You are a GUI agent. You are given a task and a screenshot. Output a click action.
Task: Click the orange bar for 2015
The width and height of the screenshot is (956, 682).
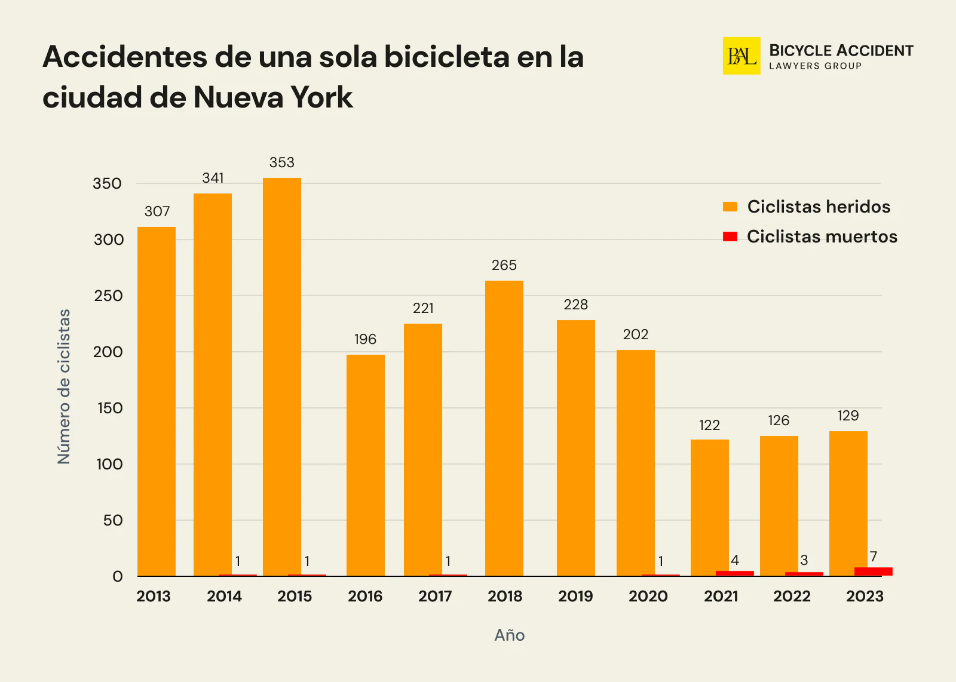click(281, 376)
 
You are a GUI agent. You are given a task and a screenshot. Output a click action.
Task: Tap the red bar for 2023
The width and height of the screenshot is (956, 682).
click(873, 572)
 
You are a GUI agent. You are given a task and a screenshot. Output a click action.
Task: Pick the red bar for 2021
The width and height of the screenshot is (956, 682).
click(734, 573)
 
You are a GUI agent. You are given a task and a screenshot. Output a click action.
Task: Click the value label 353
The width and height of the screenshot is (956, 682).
click(281, 162)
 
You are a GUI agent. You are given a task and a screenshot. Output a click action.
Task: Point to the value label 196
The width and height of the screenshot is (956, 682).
click(365, 339)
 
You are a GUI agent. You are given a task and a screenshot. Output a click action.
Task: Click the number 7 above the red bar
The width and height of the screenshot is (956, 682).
click(873, 557)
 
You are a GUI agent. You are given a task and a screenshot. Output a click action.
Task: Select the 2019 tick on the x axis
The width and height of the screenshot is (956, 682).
click(575, 596)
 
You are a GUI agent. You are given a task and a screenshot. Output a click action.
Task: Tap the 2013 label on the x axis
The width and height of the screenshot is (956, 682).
click(154, 596)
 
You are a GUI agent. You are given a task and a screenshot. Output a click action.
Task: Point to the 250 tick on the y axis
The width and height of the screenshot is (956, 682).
click(108, 296)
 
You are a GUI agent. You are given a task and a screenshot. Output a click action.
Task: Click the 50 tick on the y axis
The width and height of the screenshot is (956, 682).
click(113, 520)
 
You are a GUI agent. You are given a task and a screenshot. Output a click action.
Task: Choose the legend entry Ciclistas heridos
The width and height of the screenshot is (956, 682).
click(818, 207)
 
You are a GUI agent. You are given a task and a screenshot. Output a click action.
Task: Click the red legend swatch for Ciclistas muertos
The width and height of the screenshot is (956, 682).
click(730, 236)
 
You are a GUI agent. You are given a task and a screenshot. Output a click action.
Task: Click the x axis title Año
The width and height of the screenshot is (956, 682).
click(509, 635)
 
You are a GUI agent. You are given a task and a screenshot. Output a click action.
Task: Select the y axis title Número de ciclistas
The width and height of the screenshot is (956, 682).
click(64, 386)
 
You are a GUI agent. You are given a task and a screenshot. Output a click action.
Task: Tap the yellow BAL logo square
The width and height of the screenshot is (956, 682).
click(741, 56)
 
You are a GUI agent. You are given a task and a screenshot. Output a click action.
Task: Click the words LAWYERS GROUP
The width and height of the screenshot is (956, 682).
click(815, 66)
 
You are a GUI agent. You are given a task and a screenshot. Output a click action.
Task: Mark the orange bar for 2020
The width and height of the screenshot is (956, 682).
click(635, 463)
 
